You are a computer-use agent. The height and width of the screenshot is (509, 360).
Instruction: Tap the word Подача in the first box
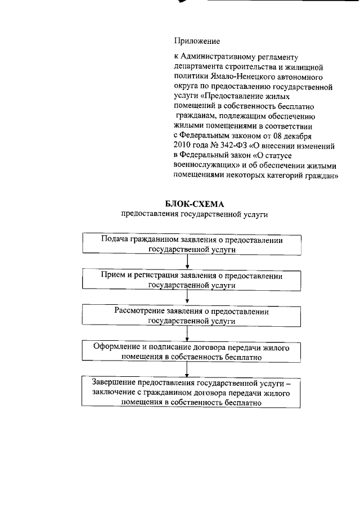114,239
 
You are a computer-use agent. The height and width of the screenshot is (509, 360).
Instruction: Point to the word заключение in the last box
106,393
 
